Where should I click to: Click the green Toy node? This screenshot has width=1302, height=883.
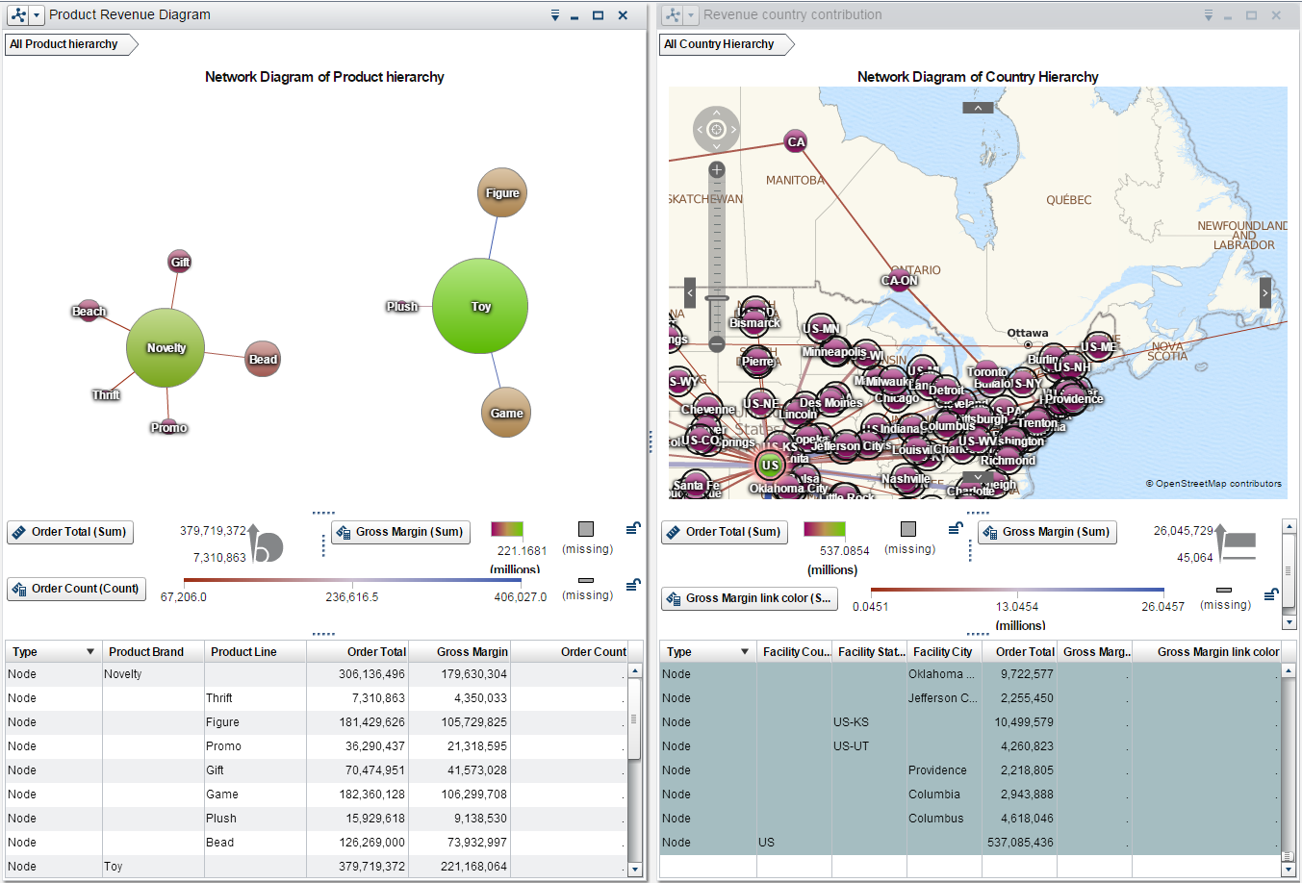480,306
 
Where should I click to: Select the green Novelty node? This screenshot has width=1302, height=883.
166,348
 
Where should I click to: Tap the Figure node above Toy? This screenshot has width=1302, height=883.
502,193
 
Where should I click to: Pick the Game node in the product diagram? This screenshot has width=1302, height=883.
506,413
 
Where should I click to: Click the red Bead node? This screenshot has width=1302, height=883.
263,359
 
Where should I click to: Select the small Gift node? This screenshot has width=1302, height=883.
180,262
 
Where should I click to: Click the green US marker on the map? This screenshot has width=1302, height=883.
770,466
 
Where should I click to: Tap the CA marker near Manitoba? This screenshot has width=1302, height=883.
796,141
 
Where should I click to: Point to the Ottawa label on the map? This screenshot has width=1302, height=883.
1028,333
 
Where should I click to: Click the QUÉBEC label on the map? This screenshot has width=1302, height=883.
1068,200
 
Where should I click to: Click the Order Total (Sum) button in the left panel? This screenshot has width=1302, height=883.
70,532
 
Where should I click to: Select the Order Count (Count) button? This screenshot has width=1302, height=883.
76,589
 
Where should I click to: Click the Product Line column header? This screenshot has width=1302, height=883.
244,652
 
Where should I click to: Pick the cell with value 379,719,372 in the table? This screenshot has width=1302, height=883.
371,867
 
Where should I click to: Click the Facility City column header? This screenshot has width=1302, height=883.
942,652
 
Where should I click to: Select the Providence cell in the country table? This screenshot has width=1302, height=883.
937,770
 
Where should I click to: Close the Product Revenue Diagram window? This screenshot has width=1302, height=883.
623,15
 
